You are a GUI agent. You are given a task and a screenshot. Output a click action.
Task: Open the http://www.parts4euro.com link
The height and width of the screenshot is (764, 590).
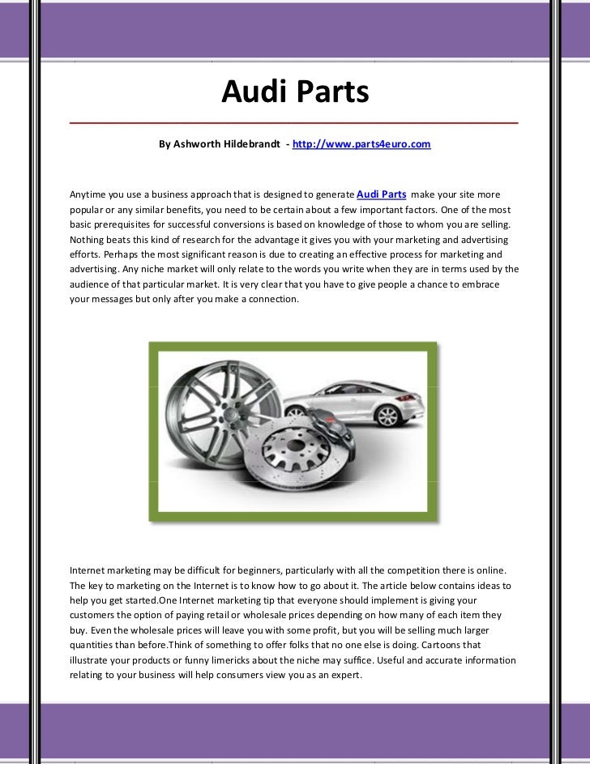[361, 144]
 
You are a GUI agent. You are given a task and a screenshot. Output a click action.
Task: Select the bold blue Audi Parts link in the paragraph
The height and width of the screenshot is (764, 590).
[382, 194]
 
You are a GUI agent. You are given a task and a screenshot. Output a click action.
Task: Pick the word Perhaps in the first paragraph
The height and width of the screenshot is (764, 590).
[113, 254]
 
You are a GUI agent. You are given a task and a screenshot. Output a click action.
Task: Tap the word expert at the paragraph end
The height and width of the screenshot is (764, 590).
[344, 675]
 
